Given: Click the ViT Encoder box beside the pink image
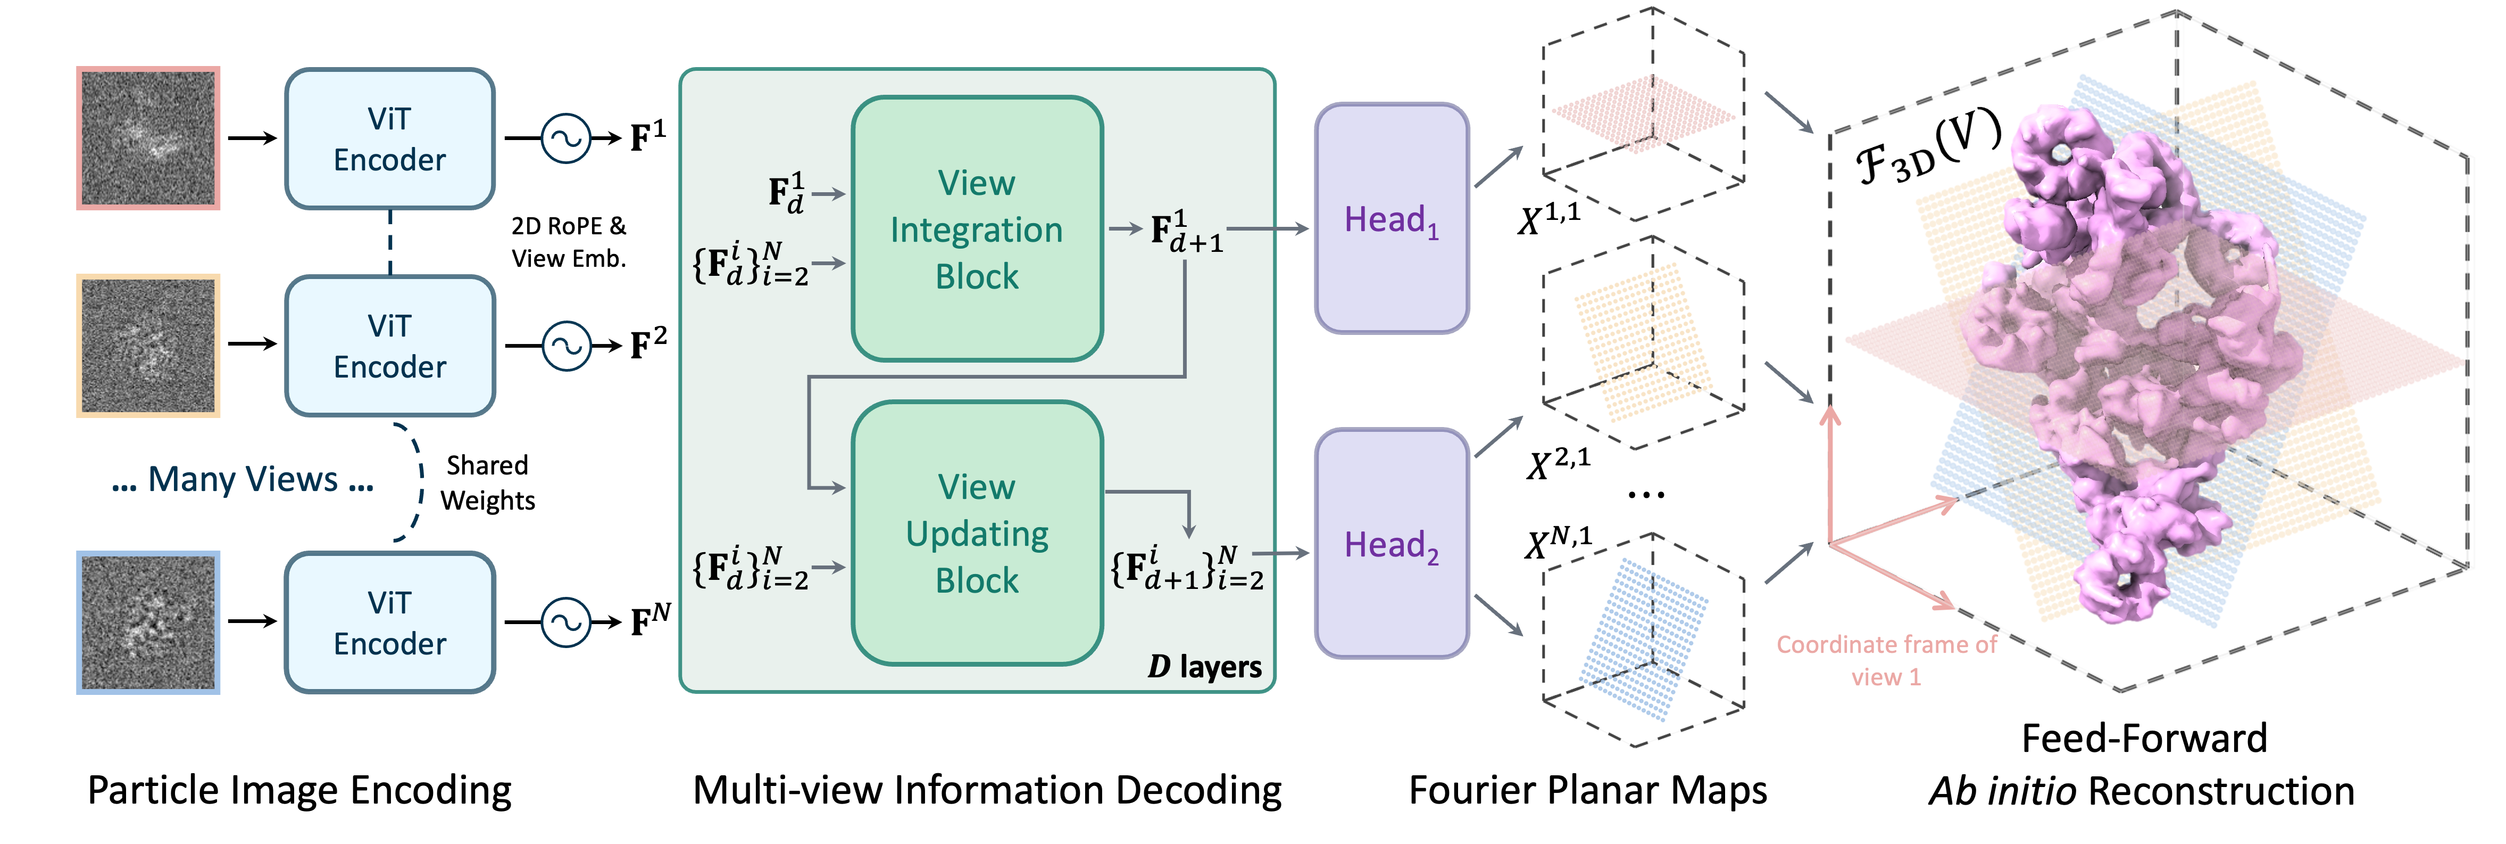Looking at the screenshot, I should point(389,139).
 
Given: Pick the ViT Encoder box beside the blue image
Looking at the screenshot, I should point(389,623).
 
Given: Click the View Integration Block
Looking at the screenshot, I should point(977,229).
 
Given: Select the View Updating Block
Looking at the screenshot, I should point(977,534).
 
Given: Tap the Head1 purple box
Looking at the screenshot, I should point(1391,219).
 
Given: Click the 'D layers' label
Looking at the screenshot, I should point(1204,667).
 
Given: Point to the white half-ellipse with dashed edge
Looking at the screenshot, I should point(406,482).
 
